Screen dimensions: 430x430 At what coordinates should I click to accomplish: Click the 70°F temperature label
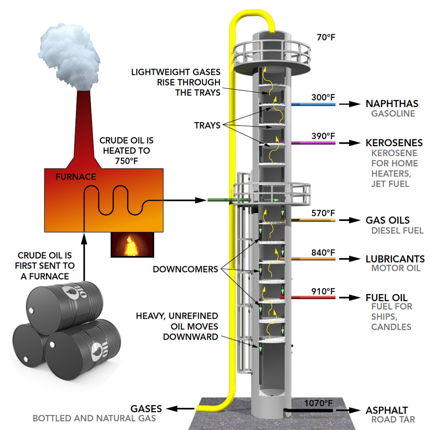coord(326,37)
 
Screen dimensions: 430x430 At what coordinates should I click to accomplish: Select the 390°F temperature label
coord(323,136)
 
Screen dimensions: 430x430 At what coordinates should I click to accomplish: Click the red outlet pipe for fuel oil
coord(307,297)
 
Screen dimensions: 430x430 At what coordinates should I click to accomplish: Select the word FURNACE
coord(76,177)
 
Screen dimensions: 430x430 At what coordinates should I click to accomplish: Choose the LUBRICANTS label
coord(395,259)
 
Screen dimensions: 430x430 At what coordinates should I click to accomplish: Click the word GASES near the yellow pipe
coord(147,408)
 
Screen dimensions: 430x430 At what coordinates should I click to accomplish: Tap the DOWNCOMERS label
coord(185,270)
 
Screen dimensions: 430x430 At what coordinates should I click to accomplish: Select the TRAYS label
coord(207,126)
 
